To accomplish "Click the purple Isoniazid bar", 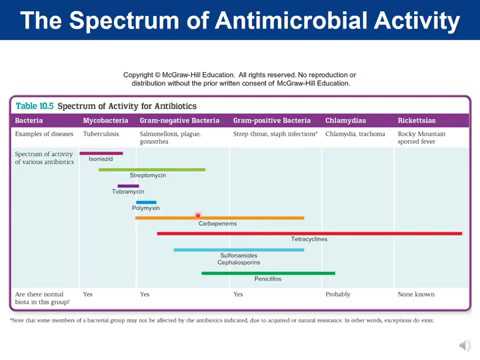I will click(101, 154).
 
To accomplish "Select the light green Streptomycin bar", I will click(151, 169).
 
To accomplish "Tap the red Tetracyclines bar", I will click(309, 233).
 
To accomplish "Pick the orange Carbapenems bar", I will click(219, 217).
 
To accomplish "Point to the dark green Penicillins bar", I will click(267, 272).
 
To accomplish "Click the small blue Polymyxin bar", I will click(146, 202).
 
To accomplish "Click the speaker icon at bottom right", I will click(462, 345).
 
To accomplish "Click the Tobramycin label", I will click(128, 192).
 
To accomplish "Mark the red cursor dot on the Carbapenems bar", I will click(198, 216).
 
